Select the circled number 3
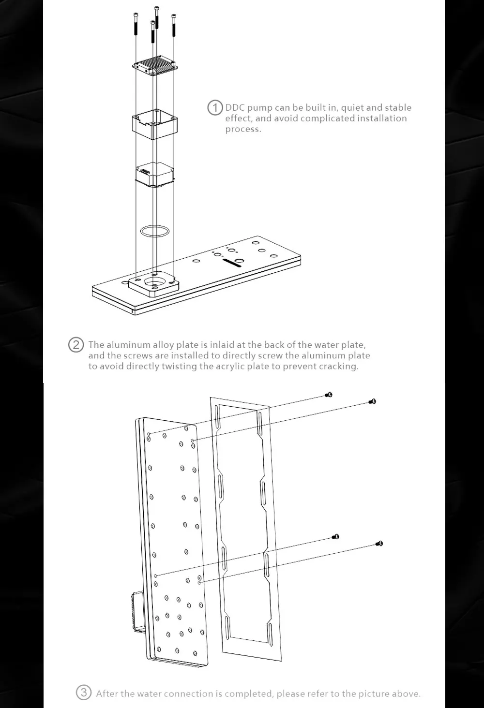(x=83, y=693)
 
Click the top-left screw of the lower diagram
(x=330, y=395)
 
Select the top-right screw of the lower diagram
(x=372, y=401)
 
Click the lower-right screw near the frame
(x=379, y=544)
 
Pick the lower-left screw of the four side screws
(x=336, y=536)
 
